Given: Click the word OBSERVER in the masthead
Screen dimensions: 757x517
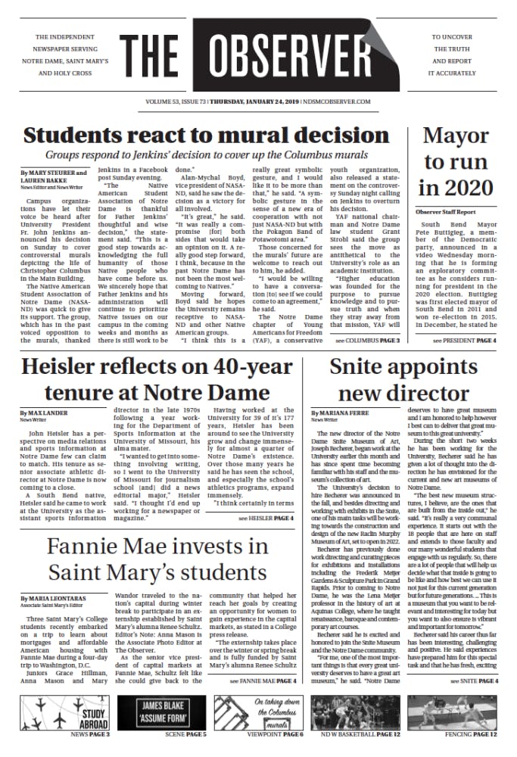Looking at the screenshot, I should point(310,61).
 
